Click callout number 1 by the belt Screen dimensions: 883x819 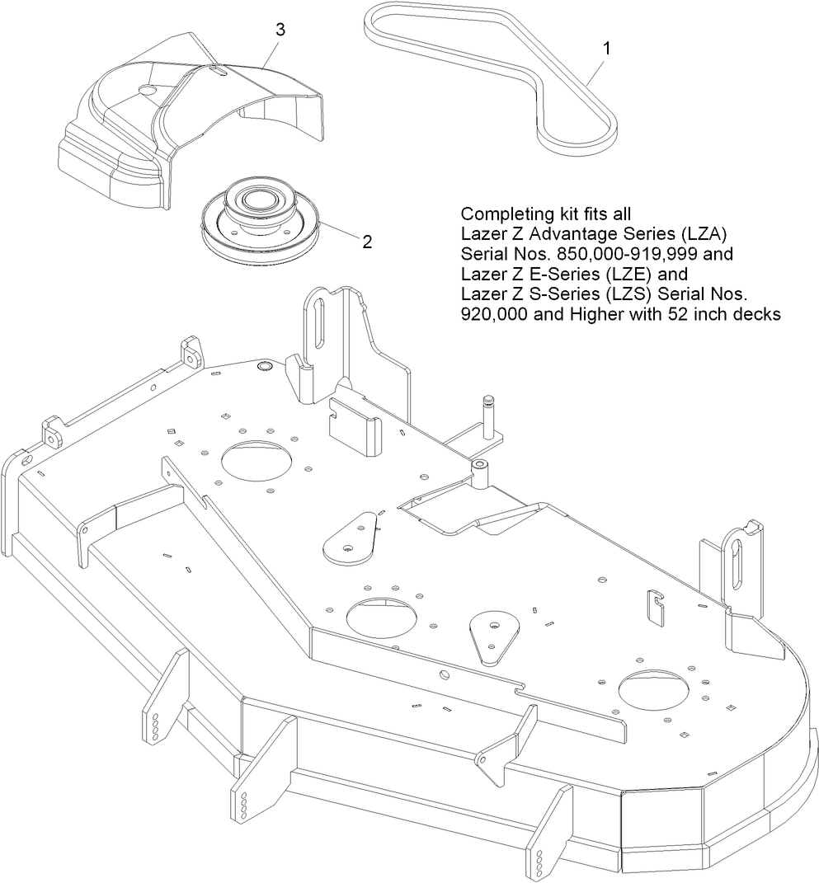click(607, 49)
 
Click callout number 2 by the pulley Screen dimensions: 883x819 click(367, 242)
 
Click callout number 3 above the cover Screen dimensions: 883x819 click(280, 30)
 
